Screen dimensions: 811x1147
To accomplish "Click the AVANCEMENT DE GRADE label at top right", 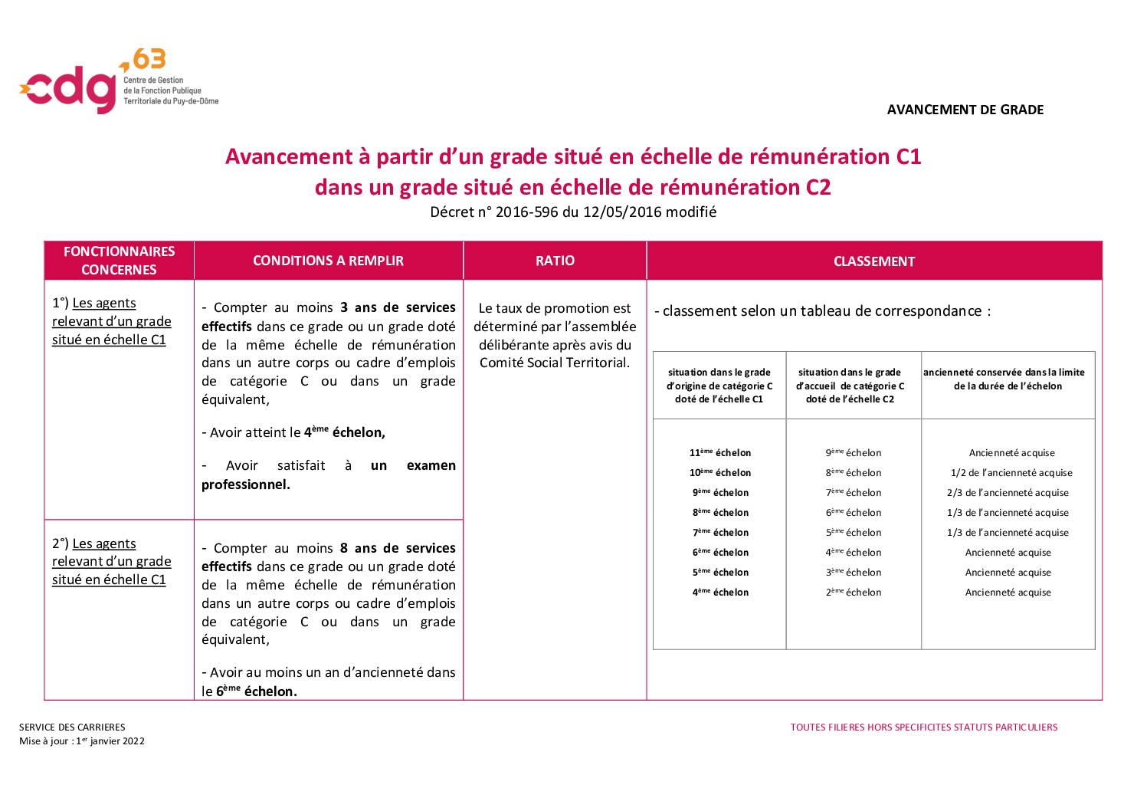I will point(965,110).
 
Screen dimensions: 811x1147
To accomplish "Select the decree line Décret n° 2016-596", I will point(572,212).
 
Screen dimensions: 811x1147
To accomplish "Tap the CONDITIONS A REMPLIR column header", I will point(328,261).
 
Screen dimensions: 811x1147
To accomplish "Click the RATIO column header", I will point(555,261).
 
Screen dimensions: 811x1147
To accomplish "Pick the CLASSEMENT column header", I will point(873,261).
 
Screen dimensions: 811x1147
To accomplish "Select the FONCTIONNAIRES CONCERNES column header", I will point(119,261).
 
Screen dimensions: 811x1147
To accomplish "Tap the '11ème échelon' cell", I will point(720,453).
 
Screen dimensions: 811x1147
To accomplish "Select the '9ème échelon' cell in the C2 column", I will point(854,453).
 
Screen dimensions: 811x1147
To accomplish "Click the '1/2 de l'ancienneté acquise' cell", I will point(1011,473).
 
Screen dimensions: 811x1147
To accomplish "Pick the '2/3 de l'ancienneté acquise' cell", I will point(1008,493).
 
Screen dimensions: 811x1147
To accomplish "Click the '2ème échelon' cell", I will point(854,593).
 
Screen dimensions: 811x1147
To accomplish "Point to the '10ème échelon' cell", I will point(720,473).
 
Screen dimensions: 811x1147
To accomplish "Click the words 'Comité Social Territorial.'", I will point(554,363).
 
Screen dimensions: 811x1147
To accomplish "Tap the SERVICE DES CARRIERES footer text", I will point(72,727).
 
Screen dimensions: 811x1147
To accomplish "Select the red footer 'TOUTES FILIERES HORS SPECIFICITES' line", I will point(923,727).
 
